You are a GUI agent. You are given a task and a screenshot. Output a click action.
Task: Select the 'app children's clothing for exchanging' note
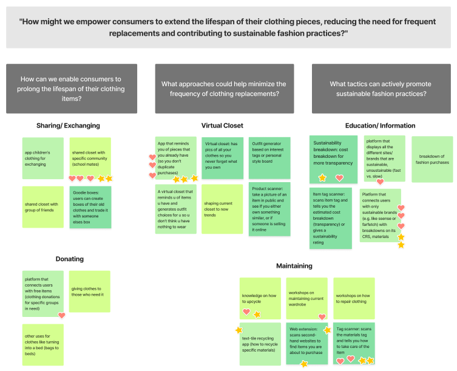[42, 158]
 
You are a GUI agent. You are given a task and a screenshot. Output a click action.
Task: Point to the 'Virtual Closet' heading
[222, 126]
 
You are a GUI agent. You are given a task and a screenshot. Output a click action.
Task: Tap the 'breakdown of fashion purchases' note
[432, 159]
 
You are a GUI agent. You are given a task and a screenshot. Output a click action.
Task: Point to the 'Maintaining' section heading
[294, 266]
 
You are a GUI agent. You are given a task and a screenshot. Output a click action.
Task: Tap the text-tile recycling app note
[260, 343]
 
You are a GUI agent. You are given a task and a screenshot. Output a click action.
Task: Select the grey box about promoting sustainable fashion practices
[377, 88]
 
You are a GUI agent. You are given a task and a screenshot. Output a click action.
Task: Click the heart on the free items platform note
[62, 315]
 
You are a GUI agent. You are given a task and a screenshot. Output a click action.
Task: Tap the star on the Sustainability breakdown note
[323, 178]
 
